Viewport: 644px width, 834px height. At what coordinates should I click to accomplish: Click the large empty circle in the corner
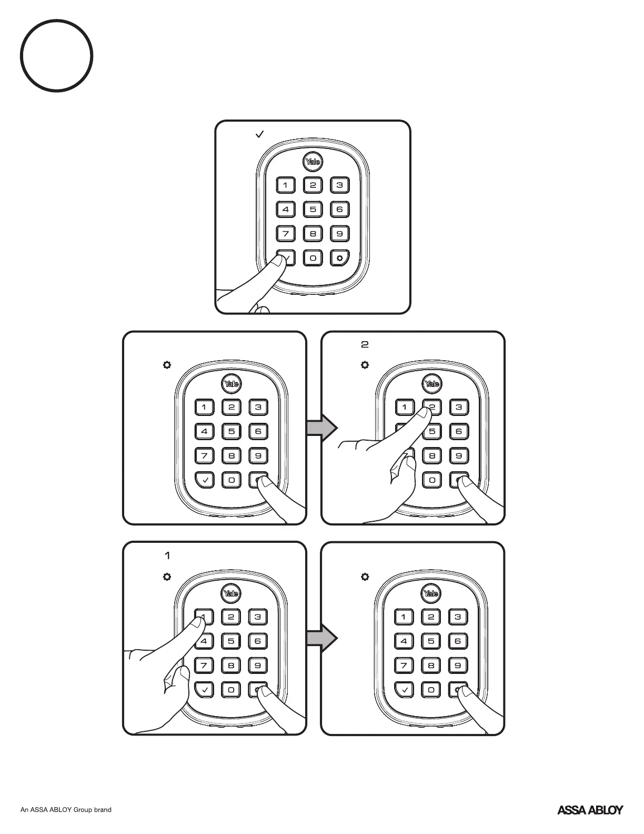coord(57,55)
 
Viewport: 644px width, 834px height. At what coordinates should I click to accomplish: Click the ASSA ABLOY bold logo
coord(590,810)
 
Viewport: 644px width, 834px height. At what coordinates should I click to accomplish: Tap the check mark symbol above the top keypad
coord(259,135)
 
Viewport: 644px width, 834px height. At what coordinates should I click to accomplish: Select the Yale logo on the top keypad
coord(313,162)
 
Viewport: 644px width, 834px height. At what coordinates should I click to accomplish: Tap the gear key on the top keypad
coord(339,258)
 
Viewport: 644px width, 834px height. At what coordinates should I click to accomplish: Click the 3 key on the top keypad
coord(339,185)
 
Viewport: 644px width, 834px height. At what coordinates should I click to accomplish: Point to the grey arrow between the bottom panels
coord(321,638)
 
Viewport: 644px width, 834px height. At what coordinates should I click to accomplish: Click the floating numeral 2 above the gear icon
coord(365,345)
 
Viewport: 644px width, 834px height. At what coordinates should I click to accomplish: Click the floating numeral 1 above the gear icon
coord(167,555)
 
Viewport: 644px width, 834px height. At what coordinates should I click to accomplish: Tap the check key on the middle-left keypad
coord(205,480)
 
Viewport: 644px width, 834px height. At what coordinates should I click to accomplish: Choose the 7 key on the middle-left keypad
coord(205,455)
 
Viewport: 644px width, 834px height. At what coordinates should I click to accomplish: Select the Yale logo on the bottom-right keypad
coord(430,594)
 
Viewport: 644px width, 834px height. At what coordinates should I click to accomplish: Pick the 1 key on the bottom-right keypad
coord(404,617)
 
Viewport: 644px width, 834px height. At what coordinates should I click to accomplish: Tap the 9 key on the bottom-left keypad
coord(258,666)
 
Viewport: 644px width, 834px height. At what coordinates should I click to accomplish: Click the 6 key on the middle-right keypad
coord(459,431)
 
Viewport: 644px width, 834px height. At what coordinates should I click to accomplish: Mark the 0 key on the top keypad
coord(313,258)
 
